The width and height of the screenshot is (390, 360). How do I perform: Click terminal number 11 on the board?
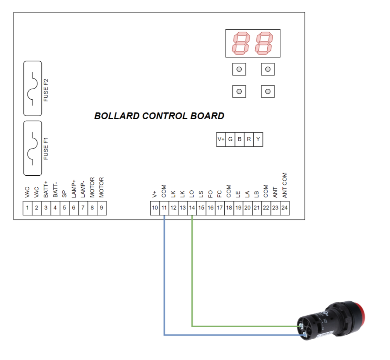pos(164,208)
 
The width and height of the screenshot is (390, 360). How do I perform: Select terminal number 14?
pos(192,208)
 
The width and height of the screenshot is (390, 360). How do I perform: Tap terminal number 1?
pos(27,208)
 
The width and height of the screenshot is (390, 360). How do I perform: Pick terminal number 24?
pos(285,208)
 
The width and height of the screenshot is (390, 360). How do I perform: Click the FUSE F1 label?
pos(46,149)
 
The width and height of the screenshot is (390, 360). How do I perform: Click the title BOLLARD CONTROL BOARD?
pos(159,116)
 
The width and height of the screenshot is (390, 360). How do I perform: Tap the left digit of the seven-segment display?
pos(241,43)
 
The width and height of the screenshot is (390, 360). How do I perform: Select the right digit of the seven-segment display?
pos(264,43)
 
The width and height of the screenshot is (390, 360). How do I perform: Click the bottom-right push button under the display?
pos(268,91)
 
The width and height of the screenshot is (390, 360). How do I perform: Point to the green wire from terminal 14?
pos(192,271)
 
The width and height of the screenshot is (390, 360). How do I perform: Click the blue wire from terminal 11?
pos(165,278)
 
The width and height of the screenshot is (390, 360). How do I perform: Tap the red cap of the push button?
pos(361,313)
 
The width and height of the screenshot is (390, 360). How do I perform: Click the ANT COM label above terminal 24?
pos(285,185)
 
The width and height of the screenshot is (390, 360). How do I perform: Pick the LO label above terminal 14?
pos(192,193)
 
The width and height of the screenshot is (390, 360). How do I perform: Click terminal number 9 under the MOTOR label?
pos(101,208)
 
